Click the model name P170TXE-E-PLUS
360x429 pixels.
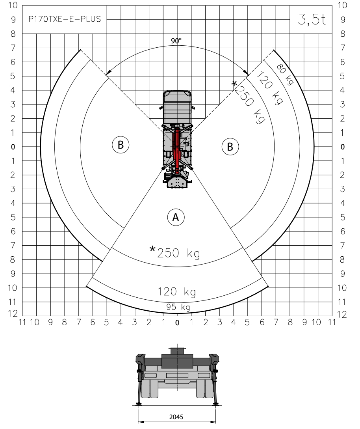[x=65, y=19]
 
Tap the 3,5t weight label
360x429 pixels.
[x=312, y=19]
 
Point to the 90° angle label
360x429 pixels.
[x=176, y=41]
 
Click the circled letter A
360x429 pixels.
[x=176, y=217]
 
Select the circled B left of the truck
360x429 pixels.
[x=121, y=145]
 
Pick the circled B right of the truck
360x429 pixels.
[x=230, y=147]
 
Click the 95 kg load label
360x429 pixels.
[x=178, y=307]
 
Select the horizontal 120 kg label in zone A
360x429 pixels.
[x=177, y=292]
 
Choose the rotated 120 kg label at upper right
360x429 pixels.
[x=269, y=88]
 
